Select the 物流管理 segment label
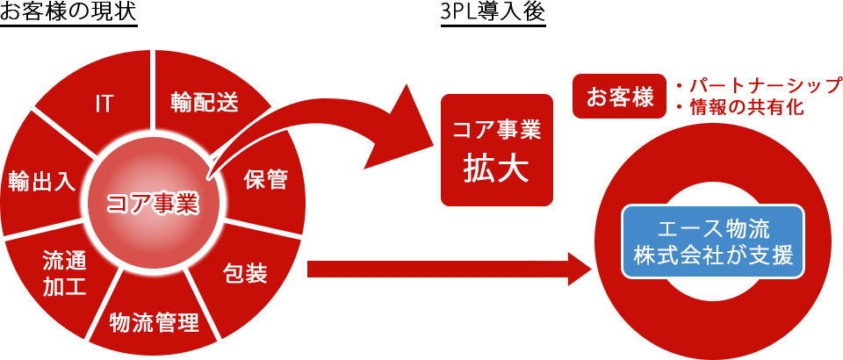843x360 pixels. click(154, 322)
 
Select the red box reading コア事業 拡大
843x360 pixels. click(497, 150)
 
